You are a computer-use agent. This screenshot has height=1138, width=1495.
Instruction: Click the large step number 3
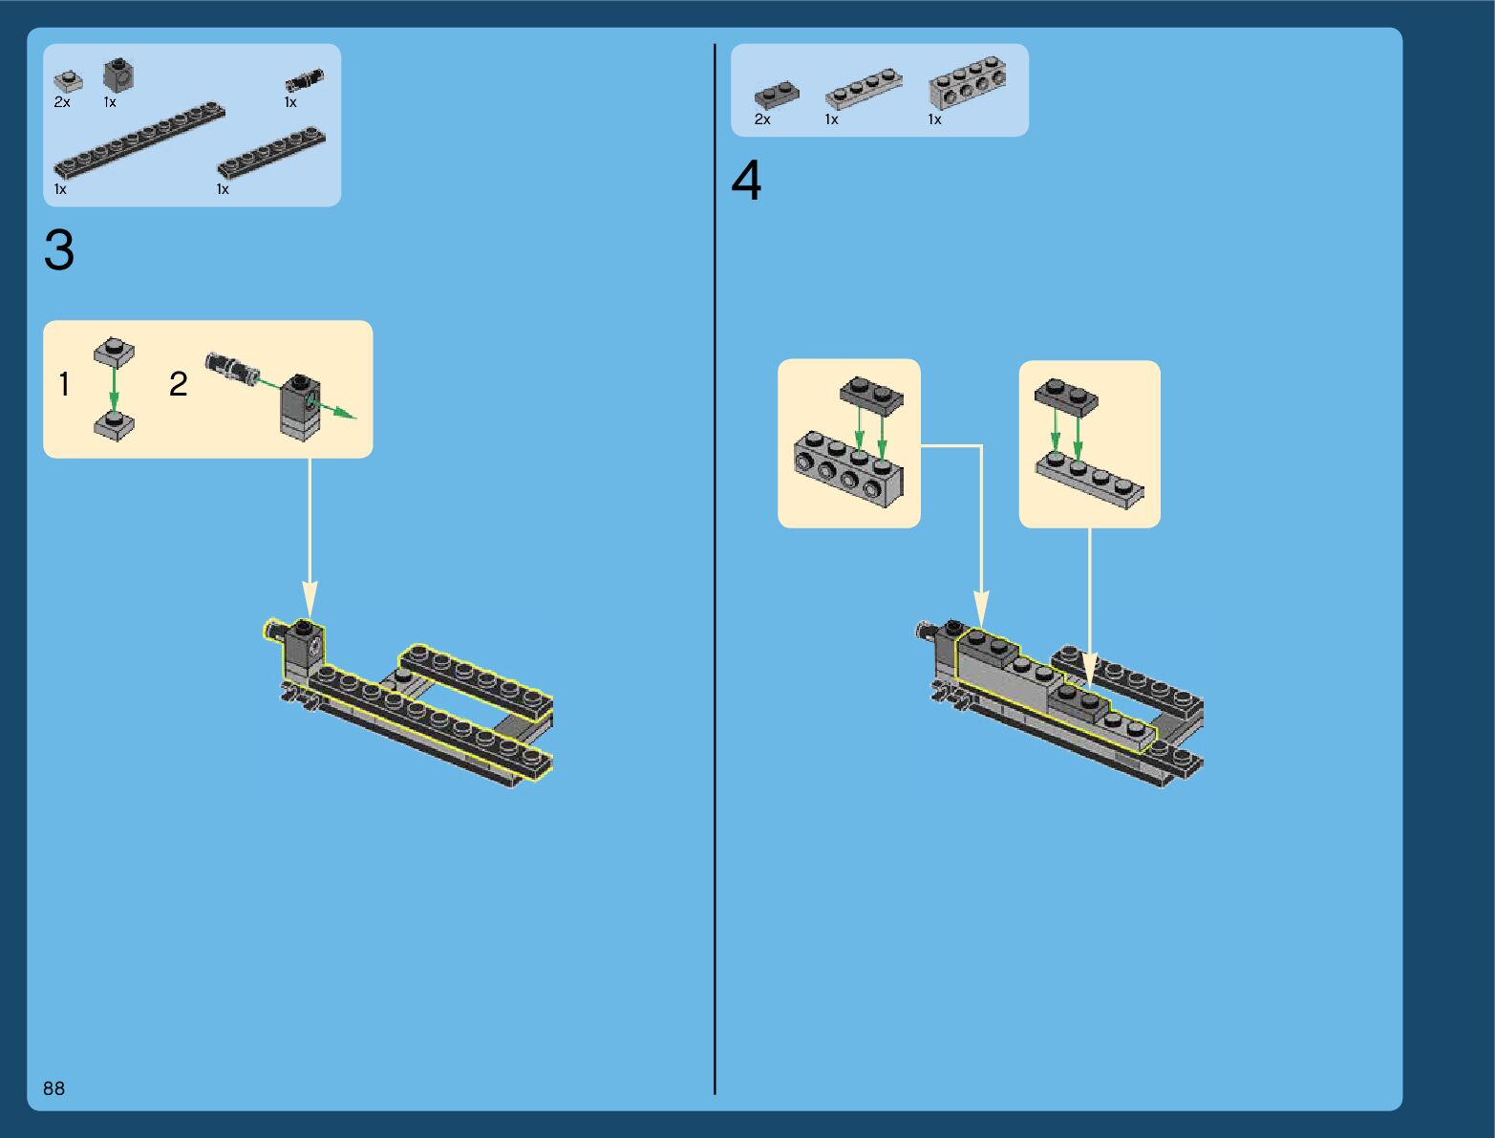point(58,251)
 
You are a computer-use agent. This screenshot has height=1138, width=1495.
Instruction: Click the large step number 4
point(746,181)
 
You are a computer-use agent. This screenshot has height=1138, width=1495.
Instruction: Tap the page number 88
point(53,1088)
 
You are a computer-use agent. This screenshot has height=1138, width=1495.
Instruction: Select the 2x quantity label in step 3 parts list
point(62,102)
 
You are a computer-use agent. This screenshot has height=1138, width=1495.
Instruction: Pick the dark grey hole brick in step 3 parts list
point(118,75)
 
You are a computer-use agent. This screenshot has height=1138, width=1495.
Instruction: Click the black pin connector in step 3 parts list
point(305,80)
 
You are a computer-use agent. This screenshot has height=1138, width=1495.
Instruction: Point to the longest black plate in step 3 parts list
point(139,140)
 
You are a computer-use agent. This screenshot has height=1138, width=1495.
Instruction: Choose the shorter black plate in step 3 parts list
point(272,153)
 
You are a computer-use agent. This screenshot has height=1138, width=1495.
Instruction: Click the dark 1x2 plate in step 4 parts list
point(777,95)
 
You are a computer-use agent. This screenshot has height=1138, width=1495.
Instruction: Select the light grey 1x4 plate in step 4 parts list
point(864,88)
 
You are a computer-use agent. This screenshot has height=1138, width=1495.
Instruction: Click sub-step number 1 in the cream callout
point(64,385)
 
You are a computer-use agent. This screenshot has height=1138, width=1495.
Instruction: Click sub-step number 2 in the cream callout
point(178,384)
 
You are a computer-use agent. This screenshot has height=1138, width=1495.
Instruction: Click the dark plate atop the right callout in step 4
point(1065,396)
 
